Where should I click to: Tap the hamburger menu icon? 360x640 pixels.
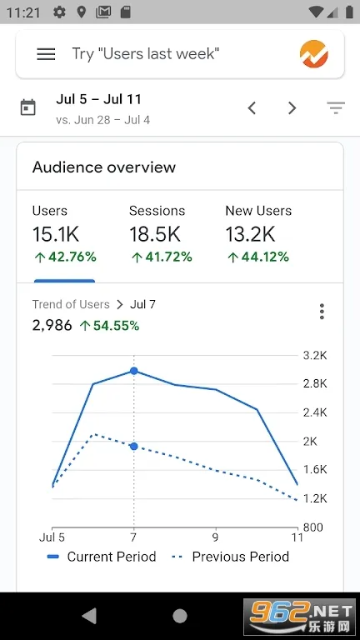(x=46, y=54)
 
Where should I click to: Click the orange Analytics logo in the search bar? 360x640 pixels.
(x=314, y=54)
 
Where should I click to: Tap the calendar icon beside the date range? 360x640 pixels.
(x=28, y=107)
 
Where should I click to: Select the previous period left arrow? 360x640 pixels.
(x=252, y=108)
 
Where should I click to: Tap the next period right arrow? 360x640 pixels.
(x=292, y=108)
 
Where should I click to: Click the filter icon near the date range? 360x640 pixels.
(x=336, y=107)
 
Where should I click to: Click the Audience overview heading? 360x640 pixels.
(x=104, y=167)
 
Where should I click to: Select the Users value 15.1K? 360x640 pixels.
(x=56, y=234)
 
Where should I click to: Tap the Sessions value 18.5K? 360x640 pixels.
(x=155, y=234)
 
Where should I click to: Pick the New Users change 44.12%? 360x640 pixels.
(x=258, y=257)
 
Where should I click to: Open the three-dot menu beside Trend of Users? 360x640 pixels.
(x=322, y=312)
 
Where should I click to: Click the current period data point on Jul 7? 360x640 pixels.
(x=134, y=371)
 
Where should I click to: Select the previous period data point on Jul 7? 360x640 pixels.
(x=134, y=447)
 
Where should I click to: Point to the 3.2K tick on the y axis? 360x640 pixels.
(x=315, y=356)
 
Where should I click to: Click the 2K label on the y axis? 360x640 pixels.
(x=310, y=442)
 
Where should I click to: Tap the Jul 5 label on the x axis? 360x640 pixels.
(x=52, y=537)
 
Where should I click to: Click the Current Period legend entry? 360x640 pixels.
(x=102, y=557)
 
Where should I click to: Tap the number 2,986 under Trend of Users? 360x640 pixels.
(x=52, y=326)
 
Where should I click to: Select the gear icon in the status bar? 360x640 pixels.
(x=59, y=12)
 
